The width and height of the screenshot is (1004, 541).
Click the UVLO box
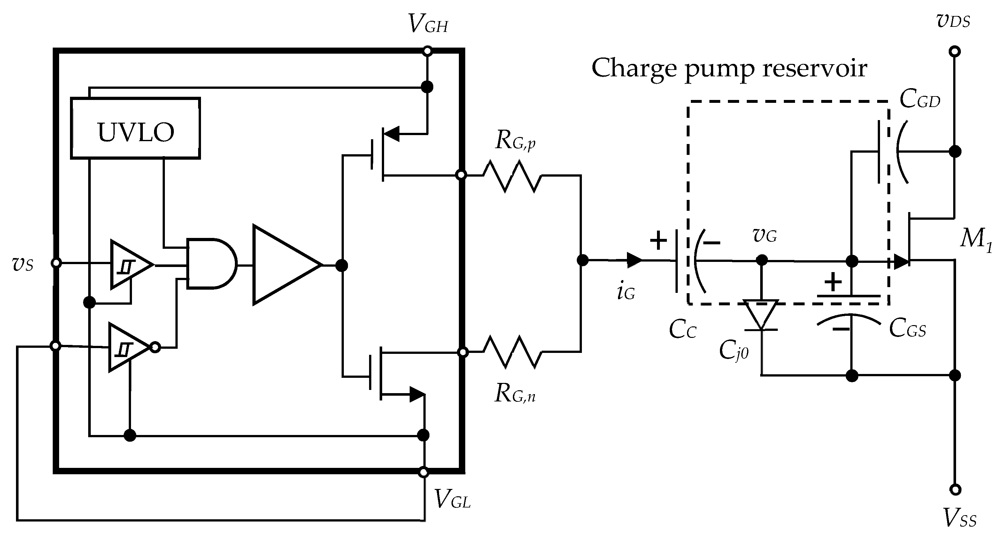click(135, 128)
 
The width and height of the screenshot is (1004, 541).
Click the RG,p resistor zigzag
click(512, 176)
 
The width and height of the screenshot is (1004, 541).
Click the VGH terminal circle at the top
click(427, 51)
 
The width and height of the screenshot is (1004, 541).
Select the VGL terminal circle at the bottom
click(423, 472)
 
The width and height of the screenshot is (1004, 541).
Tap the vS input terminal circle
click(56, 263)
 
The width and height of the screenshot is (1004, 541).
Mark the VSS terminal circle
click(954, 490)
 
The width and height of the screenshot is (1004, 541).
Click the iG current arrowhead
click(634, 260)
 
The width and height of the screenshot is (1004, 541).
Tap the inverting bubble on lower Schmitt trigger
click(155, 347)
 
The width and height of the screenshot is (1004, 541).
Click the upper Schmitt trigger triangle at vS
click(129, 265)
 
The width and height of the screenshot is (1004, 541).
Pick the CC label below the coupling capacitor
click(682, 330)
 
